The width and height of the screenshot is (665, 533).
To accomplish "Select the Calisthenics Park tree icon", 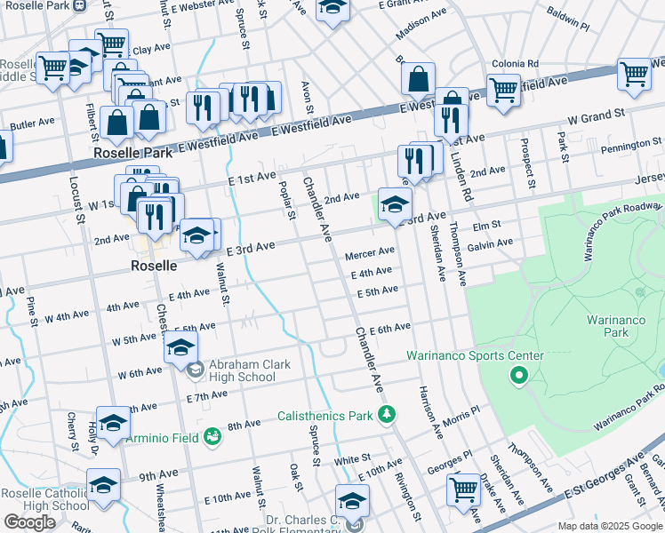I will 387,415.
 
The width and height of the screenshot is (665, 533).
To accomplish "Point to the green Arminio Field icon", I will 212,436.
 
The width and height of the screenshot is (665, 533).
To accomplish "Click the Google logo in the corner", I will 29,521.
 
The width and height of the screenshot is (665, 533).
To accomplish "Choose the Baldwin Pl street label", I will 568,26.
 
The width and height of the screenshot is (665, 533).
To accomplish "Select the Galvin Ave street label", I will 491,243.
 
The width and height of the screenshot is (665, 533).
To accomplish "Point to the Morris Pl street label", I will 461,415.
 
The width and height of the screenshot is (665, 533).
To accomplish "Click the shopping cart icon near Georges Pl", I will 464,489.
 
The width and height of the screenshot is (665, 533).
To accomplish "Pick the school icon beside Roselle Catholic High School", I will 104,485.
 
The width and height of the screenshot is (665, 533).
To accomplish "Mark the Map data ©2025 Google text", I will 609,525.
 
